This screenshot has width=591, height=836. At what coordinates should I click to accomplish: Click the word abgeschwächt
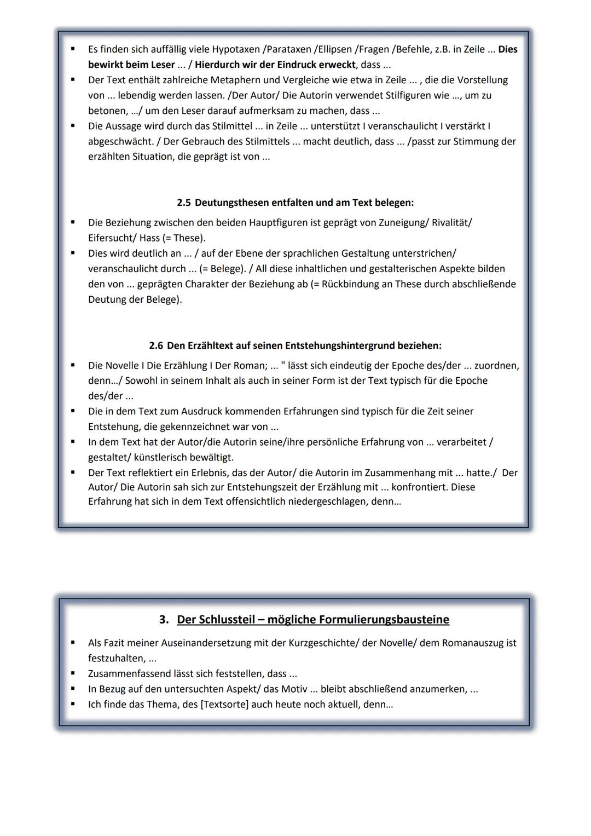pyautogui.click(x=119, y=141)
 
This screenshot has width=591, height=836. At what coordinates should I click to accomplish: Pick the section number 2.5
pyautogui.click(x=184, y=203)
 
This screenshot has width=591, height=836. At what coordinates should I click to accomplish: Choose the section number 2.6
pyautogui.click(x=156, y=345)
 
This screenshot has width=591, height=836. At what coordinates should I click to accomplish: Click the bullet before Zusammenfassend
pyautogui.click(x=72, y=673)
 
